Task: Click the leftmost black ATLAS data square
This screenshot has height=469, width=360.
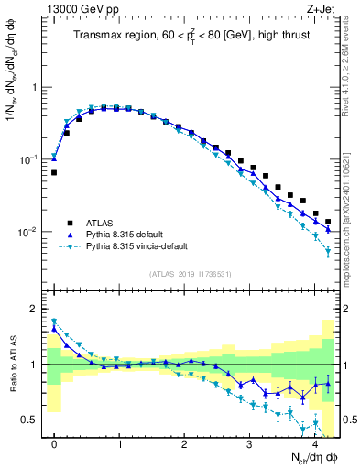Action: pos(54,172)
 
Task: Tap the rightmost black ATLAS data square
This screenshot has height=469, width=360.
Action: pos(328,222)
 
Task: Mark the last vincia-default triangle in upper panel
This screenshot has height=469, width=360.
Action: pos(328,251)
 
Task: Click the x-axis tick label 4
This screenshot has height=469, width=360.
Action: pos(315,444)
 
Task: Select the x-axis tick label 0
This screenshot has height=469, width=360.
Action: pos(54,444)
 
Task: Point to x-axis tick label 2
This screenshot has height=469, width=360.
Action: pos(185,444)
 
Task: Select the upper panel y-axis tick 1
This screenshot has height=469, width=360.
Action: pos(37,88)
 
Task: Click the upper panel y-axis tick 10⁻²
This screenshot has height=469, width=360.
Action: pos(30,232)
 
